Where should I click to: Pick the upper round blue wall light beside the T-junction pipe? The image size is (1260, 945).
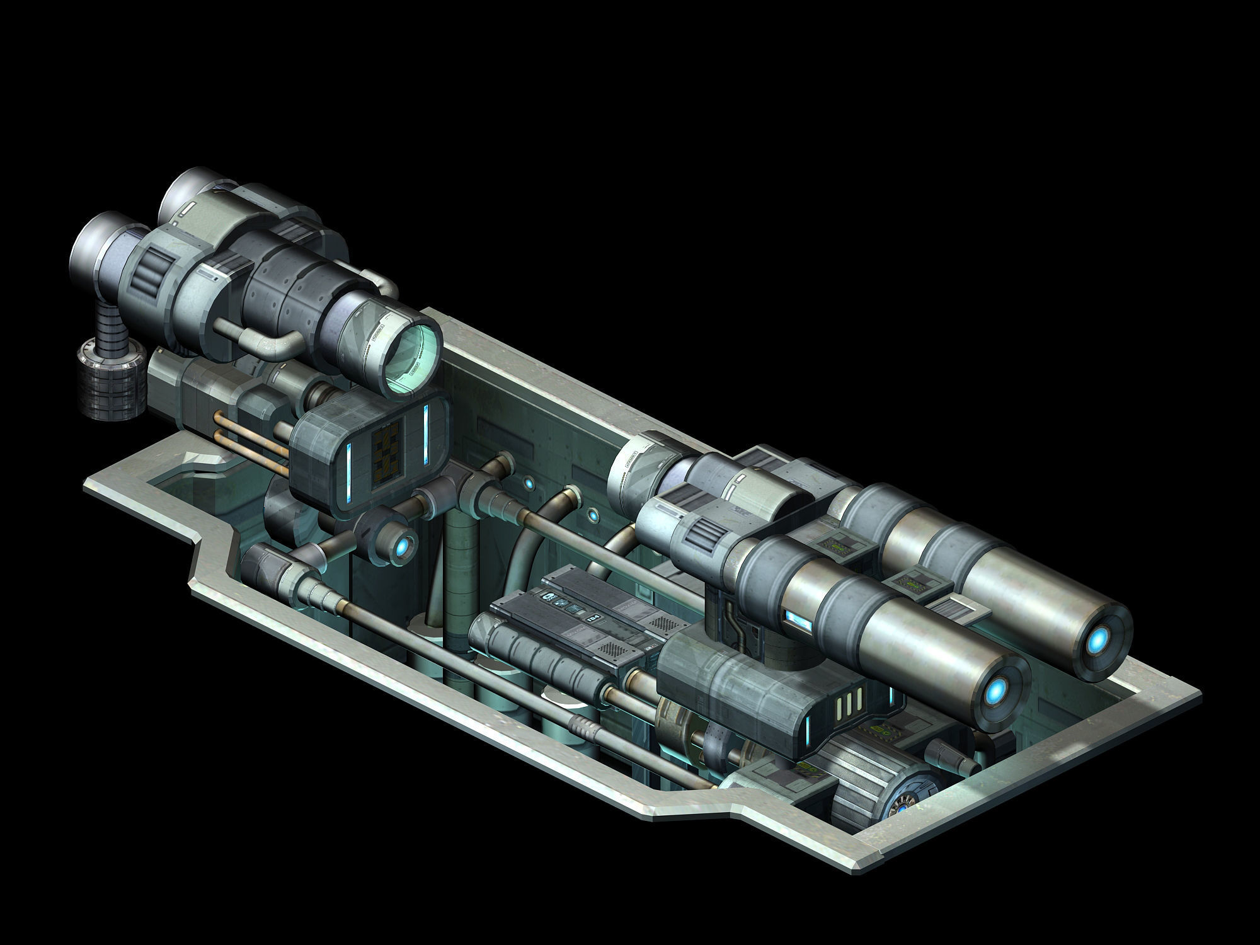point(529,484)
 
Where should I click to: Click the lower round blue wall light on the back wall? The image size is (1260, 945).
point(592,517)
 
